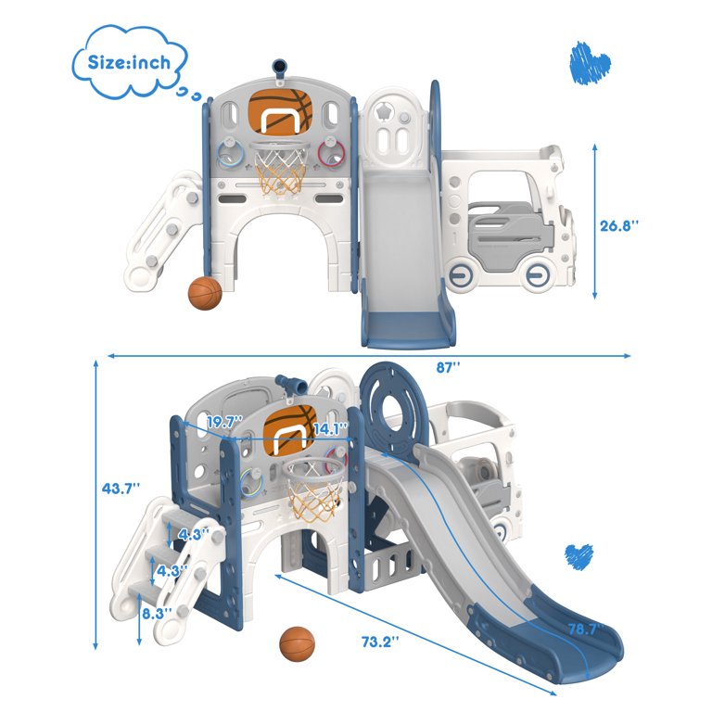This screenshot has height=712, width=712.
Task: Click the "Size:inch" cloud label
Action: point(129,62)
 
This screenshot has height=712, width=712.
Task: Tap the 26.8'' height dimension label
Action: point(619,225)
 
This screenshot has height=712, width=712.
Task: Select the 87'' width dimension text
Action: point(448,367)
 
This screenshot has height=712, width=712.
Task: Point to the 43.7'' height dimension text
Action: point(121,489)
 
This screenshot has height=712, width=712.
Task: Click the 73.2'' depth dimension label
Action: point(380,642)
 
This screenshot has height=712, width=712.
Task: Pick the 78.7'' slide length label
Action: point(586,629)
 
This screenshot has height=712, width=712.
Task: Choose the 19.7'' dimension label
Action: point(225,423)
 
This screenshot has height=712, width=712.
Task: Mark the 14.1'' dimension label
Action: point(331,428)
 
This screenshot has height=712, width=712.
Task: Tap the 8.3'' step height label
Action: point(157,614)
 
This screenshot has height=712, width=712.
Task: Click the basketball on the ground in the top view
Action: point(205,293)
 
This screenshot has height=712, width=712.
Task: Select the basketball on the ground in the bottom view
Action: point(297,644)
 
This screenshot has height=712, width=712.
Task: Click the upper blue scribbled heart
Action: point(589,63)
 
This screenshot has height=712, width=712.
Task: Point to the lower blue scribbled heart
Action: point(578,556)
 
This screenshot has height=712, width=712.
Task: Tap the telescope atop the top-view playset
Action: point(280,69)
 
